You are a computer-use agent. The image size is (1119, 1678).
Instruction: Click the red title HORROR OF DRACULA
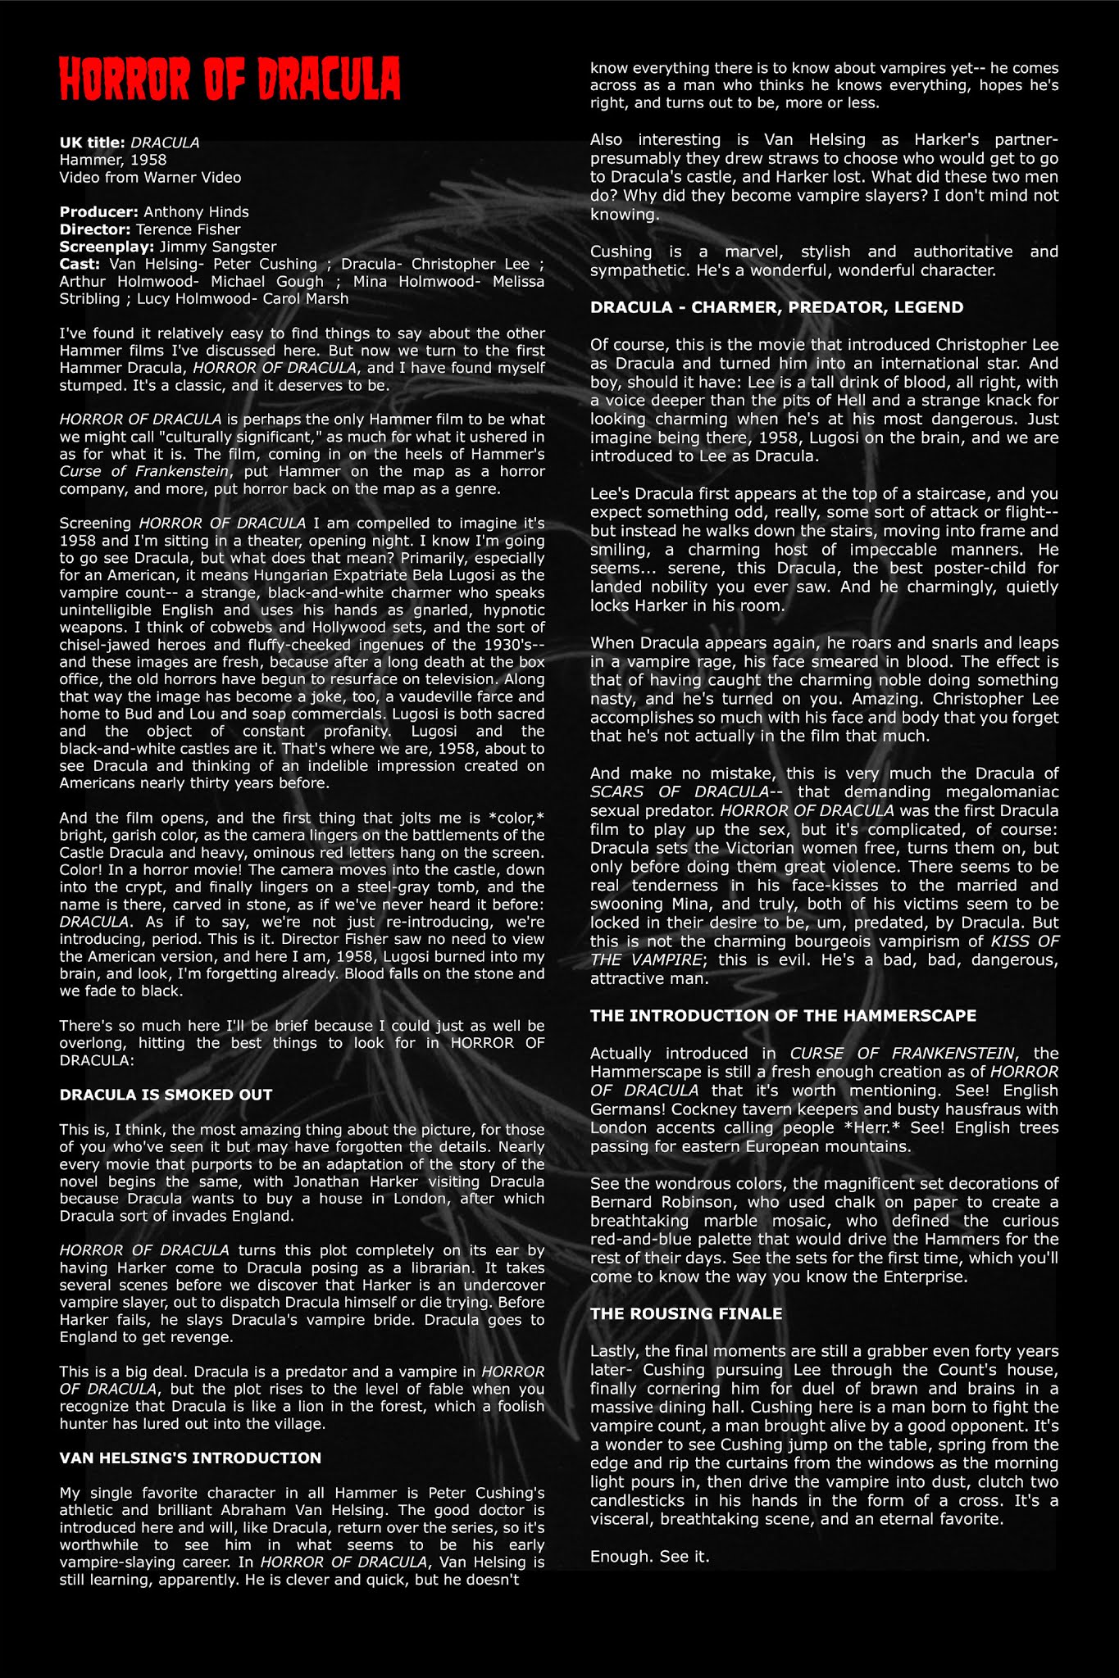click(x=230, y=80)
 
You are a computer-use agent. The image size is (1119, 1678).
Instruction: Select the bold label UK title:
click(x=92, y=143)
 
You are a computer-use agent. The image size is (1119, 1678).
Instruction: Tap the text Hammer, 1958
click(x=112, y=160)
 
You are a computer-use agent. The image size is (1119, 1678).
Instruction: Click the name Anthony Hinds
click(x=196, y=211)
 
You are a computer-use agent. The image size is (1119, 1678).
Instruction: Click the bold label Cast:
click(x=80, y=264)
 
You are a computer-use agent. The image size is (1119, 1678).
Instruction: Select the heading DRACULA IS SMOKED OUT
click(x=166, y=1095)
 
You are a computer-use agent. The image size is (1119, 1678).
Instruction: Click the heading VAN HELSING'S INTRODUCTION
click(x=190, y=1458)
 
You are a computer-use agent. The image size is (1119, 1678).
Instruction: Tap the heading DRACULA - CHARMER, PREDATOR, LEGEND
click(x=776, y=307)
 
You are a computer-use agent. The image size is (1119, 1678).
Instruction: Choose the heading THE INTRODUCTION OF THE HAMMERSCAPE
click(x=783, y=1015)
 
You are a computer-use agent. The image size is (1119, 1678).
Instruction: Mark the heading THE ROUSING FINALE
click(x=686, y=1313)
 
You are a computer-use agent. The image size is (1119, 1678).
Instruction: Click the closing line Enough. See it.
click(x=649, y=1556)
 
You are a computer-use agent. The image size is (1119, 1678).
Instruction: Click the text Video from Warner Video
click(x=150, y=177)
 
